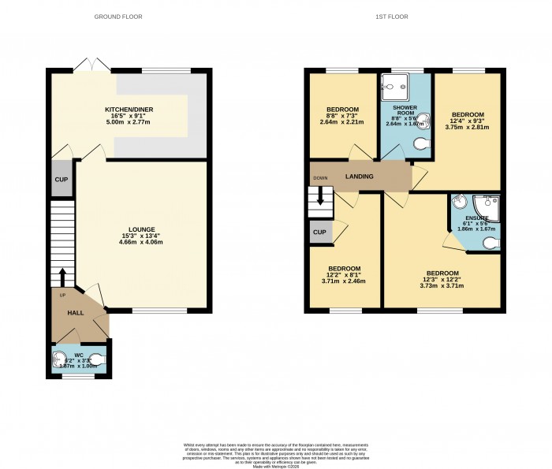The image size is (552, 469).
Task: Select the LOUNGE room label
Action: click(132, 229)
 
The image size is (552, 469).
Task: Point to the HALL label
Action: click(75, 313)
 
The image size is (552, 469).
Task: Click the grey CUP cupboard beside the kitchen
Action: click(61, 179)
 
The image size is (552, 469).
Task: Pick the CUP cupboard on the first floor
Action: click(319, 232)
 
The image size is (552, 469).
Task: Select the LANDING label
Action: click(359, 176)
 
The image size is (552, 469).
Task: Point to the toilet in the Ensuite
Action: click(490, 244)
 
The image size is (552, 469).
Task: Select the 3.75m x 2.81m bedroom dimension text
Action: click(468, 128)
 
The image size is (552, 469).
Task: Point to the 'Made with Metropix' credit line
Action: click(276, 467)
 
